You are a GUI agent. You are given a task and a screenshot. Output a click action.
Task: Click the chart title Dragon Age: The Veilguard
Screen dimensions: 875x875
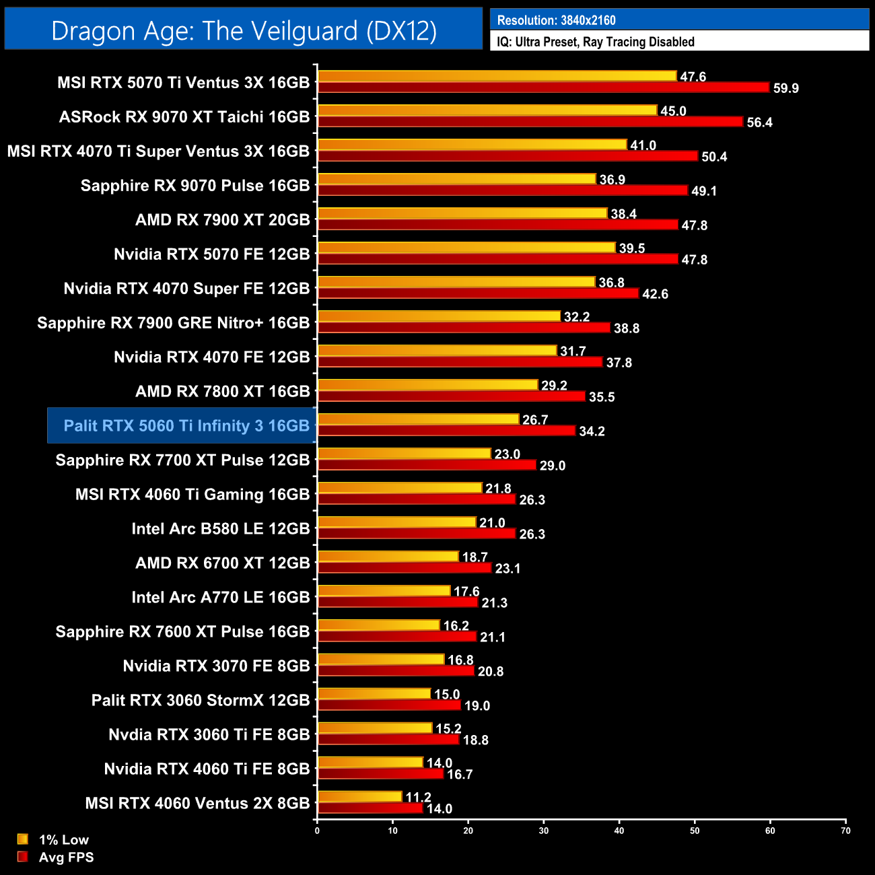(x=244, y=31)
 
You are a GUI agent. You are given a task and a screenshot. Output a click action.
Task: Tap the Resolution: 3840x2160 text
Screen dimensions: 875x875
(x=556, y=20)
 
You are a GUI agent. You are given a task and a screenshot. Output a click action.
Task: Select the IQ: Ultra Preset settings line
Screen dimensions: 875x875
(x=596, y=42)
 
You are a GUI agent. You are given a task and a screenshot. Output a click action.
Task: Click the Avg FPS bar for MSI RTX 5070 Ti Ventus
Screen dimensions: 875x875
(x=543, y=87)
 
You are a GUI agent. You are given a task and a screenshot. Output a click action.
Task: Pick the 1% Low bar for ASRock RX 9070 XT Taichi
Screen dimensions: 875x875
(x=487, y=110)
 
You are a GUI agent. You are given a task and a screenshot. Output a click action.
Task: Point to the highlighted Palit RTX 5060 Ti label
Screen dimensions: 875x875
(x=186, y=425)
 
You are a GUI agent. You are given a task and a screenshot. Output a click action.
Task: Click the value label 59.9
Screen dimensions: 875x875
(x=785, y=88)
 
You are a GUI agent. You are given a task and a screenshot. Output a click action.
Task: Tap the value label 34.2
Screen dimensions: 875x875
(x=592, y=431)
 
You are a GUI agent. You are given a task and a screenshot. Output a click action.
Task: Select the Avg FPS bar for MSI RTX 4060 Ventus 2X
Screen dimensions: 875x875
(x=370, y=808)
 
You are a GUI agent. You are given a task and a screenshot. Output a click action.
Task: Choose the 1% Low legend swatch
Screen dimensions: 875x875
(x=23, y=839)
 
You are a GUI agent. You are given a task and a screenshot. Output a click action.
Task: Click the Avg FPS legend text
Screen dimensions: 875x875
(x=66, y=857)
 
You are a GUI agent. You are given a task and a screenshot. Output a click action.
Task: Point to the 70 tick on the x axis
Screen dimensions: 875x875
(x=845, y=831)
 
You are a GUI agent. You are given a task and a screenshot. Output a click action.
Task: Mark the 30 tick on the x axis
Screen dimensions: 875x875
(x=544, y=831)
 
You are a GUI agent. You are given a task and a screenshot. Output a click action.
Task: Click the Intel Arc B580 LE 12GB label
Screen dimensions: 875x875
(x=221, y=528)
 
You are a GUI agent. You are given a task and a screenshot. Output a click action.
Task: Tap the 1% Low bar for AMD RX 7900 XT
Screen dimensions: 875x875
(x=462, y=213)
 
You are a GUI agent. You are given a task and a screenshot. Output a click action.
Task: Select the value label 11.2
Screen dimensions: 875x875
(x=418, y=797)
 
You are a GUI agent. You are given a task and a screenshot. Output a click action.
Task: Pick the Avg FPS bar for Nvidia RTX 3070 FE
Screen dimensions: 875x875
(x=396, y=671)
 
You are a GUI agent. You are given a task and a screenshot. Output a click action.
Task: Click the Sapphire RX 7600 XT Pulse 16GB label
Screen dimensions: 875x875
(x=182, y=631)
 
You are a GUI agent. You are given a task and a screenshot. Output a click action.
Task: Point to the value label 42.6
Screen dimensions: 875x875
(x=655, y=294)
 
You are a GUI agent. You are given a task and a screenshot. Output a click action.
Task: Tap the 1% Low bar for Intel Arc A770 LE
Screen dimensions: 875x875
(x=384, y=591)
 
